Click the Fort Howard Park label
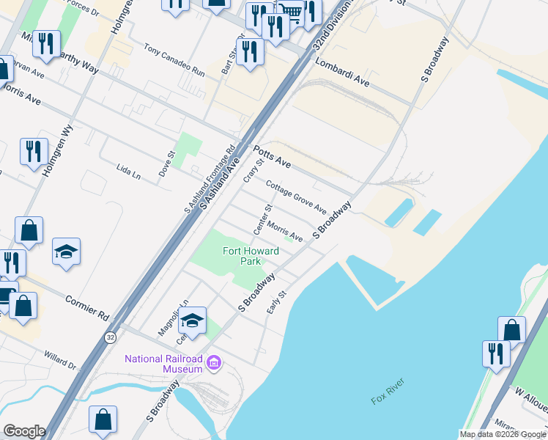251,256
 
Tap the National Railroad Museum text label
163,364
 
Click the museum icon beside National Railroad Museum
214,363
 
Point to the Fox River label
388,398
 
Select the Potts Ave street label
272,155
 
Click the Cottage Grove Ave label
296,196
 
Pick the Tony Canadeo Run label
174,61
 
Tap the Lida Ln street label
128,172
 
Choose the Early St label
275,302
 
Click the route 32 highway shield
110,337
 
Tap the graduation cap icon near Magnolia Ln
192,321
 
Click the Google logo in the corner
23,431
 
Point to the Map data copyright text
503,434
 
